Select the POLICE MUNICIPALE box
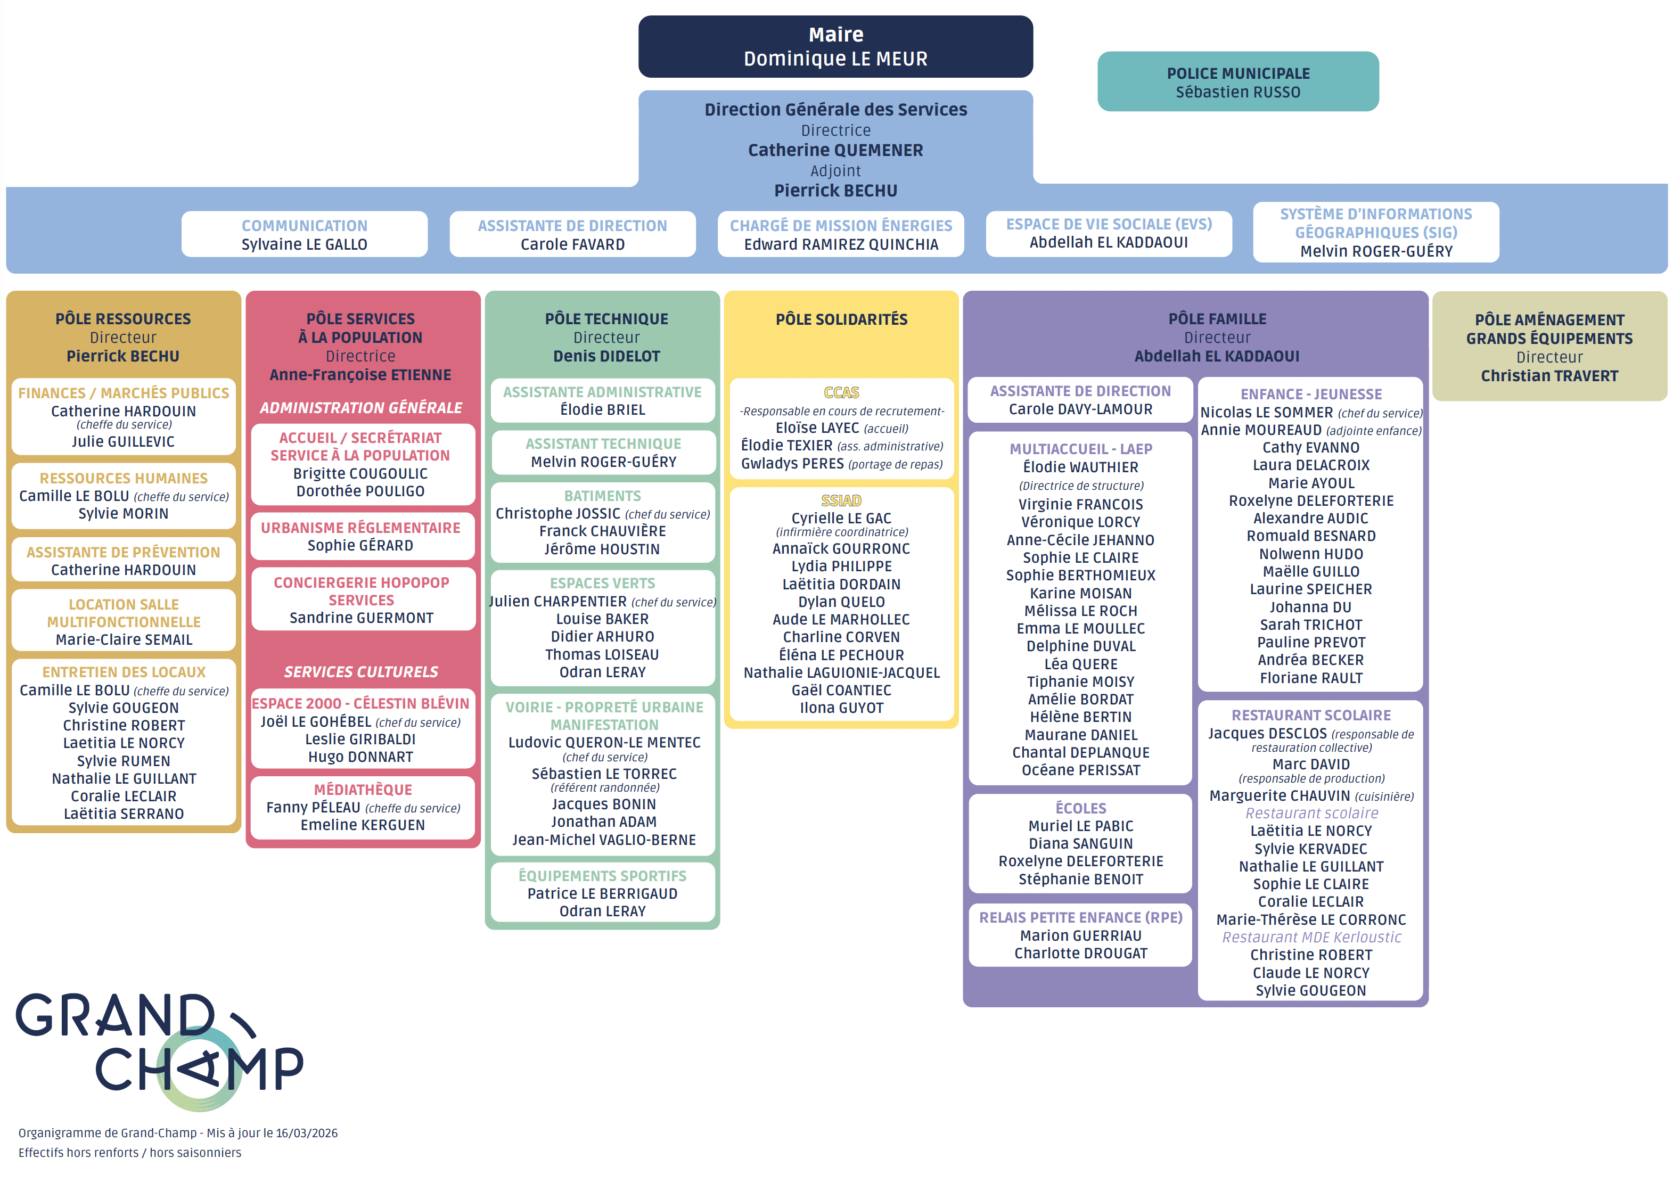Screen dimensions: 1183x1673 [1237, 81]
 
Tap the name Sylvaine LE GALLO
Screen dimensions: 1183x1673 [304, 245]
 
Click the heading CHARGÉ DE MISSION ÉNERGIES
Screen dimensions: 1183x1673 [840, 226]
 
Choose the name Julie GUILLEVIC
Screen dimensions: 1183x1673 [123, 441]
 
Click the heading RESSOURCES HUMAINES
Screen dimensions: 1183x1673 [123, 478]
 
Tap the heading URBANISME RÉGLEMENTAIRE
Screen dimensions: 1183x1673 [360, 528]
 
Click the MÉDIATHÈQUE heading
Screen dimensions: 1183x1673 [362, 790]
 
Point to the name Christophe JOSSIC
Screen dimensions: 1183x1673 [557, 514]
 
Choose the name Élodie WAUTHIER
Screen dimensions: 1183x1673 [1080, 467]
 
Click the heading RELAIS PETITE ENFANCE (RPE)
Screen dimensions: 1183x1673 [1080, 918]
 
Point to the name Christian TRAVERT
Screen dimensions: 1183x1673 [1548, 376]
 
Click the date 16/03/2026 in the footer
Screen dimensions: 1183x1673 [306, 1133]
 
